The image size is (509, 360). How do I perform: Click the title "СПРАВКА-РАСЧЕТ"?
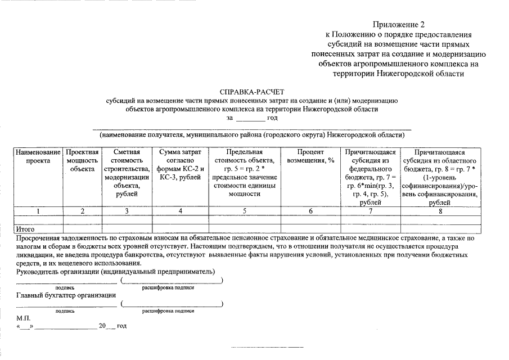coord(253,91)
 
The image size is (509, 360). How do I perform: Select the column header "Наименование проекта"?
coord(38,156)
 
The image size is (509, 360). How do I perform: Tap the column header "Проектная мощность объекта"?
coord(82,160)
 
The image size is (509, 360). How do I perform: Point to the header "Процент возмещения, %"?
coord(310,156)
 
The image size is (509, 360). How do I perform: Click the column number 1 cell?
coord(38,211)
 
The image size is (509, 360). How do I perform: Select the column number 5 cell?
coord(244,211)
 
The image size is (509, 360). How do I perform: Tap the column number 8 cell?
coord(440,211)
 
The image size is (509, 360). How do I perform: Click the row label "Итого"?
coord(26,229)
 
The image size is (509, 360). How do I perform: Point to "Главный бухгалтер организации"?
coord(66,295)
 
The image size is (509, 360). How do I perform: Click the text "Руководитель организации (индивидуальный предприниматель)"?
coord(116,271)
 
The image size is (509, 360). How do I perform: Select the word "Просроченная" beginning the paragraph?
coord(39,238)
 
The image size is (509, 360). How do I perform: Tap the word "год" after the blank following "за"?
coord(272,118)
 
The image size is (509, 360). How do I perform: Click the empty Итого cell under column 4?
coord(181,229)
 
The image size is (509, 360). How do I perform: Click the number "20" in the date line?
coord(102,326)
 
